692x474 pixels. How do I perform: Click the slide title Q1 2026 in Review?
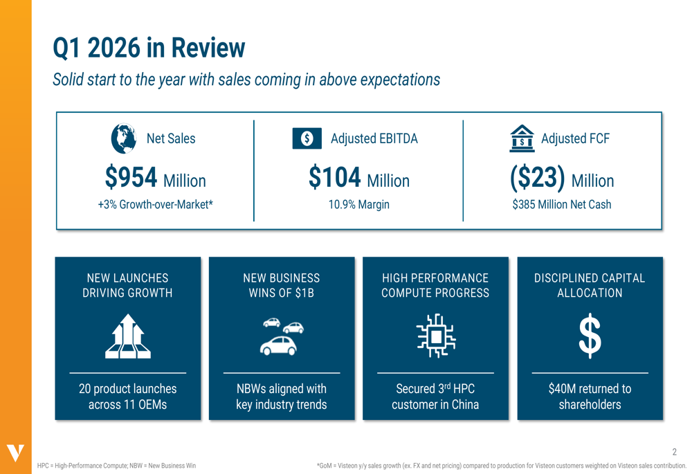click(x=149, y=48)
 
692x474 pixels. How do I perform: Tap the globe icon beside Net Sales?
click(x=124, y=138)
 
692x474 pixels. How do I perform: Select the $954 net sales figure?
click(x=131, y=178)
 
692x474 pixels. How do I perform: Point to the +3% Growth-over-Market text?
click(x=155, y=205)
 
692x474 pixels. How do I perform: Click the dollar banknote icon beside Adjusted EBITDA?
click(x=307, y=138)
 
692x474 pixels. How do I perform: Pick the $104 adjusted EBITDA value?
click(x=335, y=178)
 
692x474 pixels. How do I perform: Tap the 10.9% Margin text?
click(x=358, y=205)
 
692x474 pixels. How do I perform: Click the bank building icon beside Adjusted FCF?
click(x=522, y=138)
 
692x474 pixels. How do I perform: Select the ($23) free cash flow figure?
click(x=538, y=178)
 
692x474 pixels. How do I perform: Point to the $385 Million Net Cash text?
click(x=561, y=205)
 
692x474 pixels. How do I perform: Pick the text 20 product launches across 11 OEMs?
click(x=128, y=396)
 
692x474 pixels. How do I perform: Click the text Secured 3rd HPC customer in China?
click(x=435, y=396)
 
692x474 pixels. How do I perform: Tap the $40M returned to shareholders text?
click(x=590, y=396)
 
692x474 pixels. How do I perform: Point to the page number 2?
click(x=675, y=452)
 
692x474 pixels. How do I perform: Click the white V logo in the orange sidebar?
click(x=15, y=453)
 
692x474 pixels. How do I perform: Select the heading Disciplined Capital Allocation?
click(x=590, y=285)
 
